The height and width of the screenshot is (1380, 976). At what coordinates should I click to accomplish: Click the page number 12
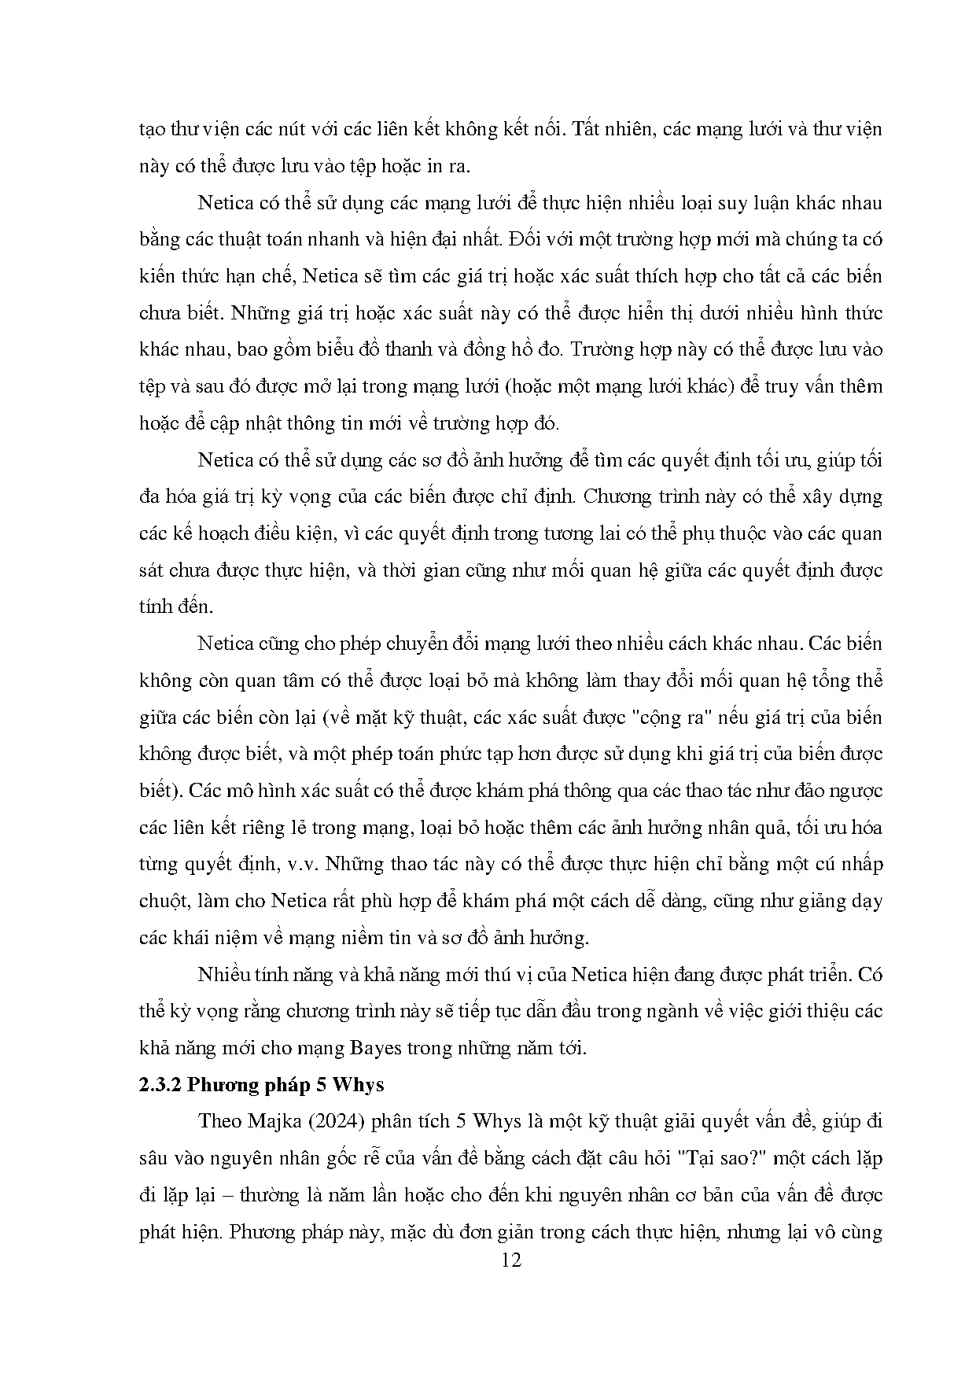[x=510, y=1260]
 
